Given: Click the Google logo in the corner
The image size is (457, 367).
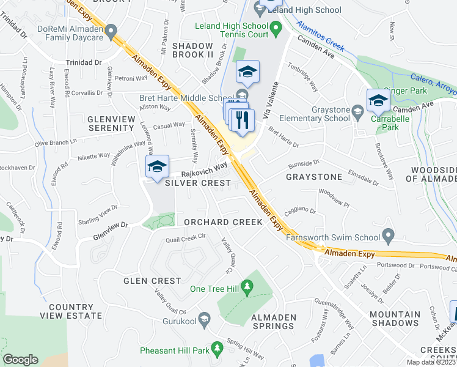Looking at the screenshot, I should click(x=21, y=360).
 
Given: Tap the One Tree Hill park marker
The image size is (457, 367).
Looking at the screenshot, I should click(x=247, y=286).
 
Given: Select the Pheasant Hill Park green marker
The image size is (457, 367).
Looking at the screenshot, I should click(x=216, y=349).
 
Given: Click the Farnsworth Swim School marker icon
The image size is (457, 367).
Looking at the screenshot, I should click(x=388, y=235).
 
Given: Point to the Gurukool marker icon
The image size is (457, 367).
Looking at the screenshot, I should click(x=205, y=318).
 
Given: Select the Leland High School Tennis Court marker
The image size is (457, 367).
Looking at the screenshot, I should click(x=276, y=28).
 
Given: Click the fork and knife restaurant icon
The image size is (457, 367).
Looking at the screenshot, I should click(x=243, y=121).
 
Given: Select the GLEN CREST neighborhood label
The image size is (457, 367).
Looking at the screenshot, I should click(x=152, y=281).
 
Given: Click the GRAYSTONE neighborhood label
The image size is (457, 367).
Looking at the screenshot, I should click(x=314, y=177).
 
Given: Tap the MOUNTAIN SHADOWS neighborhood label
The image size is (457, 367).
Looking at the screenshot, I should click(x=395, y=320).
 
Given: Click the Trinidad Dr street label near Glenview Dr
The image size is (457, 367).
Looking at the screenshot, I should click(x=84, y=62).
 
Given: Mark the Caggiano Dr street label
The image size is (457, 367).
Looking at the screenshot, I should click(x=299, y=210).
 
